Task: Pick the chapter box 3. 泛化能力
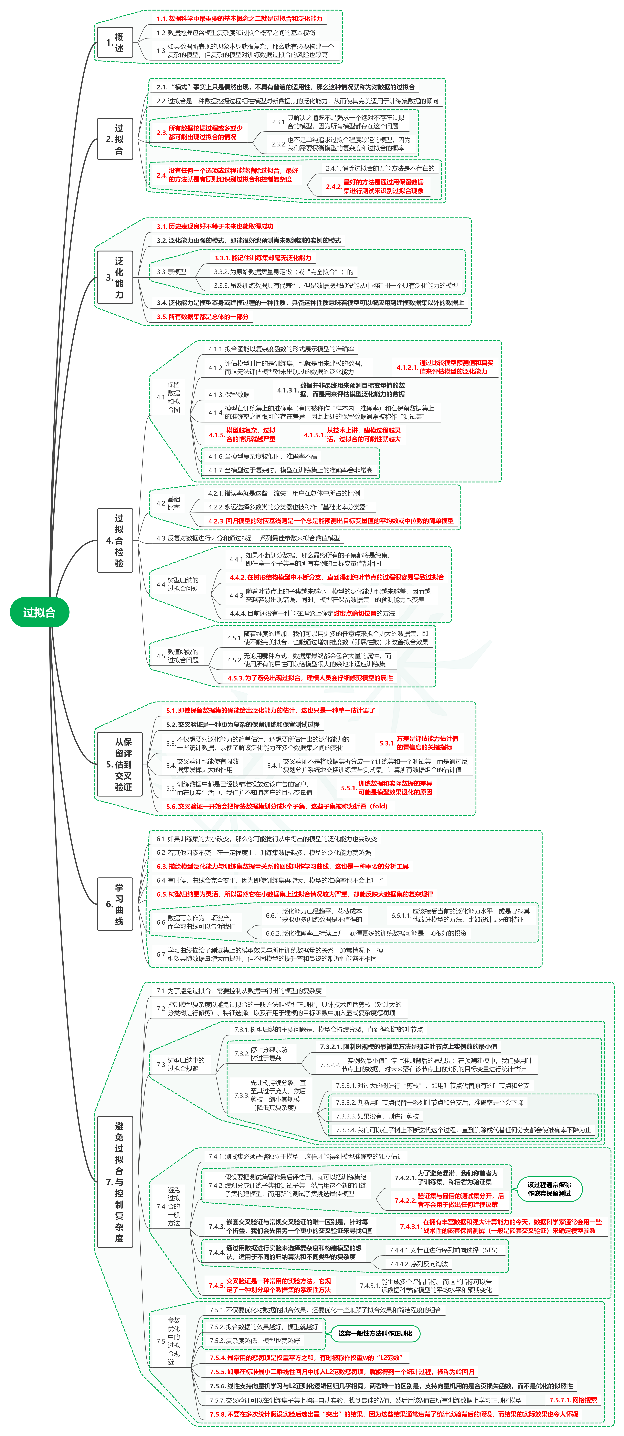(x=115, y=277)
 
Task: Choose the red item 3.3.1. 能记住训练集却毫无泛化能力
(x=263, y=258)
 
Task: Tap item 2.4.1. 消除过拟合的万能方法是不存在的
(x=380, y=168)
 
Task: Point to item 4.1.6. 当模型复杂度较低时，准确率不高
(x=263, y=456)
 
